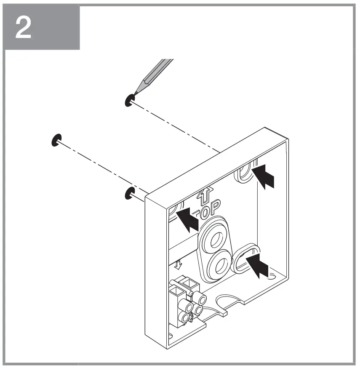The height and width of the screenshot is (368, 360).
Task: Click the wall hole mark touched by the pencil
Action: [x=129, y=100]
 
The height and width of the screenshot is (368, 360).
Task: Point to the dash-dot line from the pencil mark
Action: [x=177, y=126]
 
